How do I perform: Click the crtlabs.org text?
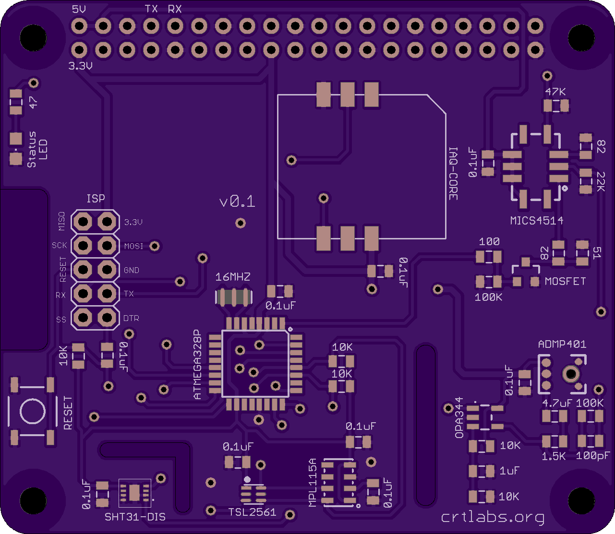(x=493, y=517)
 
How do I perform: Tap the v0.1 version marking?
(x=237, y=201)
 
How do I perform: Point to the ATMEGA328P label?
(x=197, y=364)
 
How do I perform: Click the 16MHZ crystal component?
(x=234, y=297)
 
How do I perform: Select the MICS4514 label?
(x=537, y=221)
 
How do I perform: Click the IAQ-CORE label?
(x=453, y=174)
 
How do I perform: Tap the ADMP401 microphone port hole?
(x=571, y=374)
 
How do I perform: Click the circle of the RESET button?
(x=33, y=411)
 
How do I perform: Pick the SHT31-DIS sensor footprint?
(x=134, y=493)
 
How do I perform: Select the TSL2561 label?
(x=252, y=512)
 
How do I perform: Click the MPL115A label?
(x=313, y=482)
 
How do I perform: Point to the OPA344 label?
(x=459, y=418)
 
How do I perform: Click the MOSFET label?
(x=565, y=282)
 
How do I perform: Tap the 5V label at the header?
(x=79, y=9)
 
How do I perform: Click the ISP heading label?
(x=96, y=199)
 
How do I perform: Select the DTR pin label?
(x=131, y=319)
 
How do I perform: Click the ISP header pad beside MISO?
(x=83, y=222)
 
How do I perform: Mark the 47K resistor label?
(x=555, y=92)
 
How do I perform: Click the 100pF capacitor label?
(x=593, y=456)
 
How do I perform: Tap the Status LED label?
(x=37, y=149)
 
